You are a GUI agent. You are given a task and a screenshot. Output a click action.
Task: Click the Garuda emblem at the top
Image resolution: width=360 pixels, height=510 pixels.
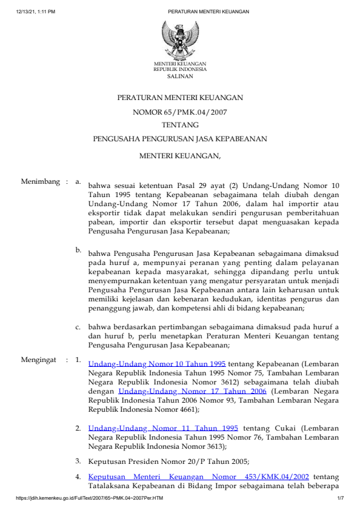179,39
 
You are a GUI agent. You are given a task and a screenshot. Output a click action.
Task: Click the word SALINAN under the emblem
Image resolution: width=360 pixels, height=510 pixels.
180,76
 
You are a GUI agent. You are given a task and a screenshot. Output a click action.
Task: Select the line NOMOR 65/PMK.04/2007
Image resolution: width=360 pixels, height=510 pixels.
180,112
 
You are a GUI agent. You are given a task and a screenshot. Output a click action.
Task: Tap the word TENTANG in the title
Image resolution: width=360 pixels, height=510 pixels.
180,125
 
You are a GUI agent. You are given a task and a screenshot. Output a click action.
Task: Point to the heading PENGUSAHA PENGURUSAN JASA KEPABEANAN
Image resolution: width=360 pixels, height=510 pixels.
180,139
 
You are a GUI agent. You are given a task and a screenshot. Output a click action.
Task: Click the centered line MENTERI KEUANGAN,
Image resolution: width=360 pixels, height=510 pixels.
180,156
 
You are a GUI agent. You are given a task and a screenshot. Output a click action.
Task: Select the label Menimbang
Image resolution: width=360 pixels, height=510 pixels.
40,181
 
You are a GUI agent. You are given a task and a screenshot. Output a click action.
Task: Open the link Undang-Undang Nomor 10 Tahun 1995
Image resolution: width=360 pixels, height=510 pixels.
157,364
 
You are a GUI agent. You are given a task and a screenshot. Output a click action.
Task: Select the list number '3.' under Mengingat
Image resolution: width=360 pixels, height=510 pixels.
79,461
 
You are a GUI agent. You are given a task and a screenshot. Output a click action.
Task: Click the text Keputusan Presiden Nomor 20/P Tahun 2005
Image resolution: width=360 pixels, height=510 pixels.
173,461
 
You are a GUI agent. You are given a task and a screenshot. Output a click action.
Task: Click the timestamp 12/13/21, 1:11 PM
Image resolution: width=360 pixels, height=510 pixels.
36,12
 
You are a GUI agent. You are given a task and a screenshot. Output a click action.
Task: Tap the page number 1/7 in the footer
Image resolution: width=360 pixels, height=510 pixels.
341,498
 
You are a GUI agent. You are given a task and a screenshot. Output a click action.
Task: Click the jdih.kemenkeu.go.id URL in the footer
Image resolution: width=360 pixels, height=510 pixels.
90,498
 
